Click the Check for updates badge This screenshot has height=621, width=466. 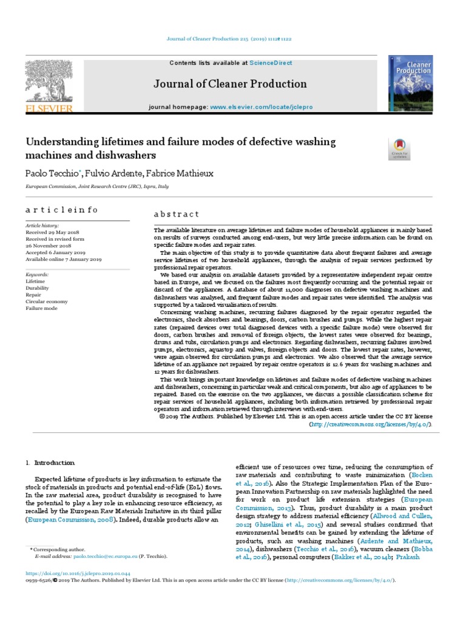399,149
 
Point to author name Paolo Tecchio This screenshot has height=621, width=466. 53,173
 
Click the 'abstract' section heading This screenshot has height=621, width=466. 175,214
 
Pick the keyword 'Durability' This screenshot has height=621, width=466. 37,288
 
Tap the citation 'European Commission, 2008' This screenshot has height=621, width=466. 66,520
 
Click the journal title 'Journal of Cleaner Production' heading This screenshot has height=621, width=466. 231,84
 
